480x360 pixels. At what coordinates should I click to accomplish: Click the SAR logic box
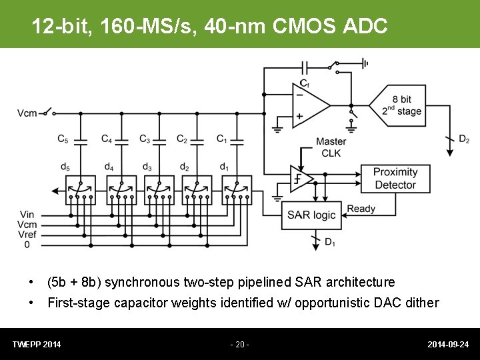(311, 215)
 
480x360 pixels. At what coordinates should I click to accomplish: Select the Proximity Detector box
(395, 179)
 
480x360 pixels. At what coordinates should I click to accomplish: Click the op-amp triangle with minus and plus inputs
(309, 106)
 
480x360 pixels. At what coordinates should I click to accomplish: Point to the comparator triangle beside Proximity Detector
(301, 179)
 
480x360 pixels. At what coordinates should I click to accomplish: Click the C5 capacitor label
(63, 139)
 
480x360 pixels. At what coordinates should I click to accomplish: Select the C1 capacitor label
(222, 139)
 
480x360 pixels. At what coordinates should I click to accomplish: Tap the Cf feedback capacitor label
(304, 83)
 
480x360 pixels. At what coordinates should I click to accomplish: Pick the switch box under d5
(80, 190)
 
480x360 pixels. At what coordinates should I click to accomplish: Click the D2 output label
(464, 139)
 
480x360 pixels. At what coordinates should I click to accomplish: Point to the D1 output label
(329, 241)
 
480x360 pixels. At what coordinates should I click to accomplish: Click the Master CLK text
(331, 147)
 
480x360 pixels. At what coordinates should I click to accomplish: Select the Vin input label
(27, 214)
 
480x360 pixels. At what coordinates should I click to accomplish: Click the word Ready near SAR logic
(361, 209)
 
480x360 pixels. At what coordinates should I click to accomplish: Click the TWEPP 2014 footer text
(37, 345)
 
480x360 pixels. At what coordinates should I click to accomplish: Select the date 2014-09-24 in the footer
(448, 345)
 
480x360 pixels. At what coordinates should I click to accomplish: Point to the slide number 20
(239, 345)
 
